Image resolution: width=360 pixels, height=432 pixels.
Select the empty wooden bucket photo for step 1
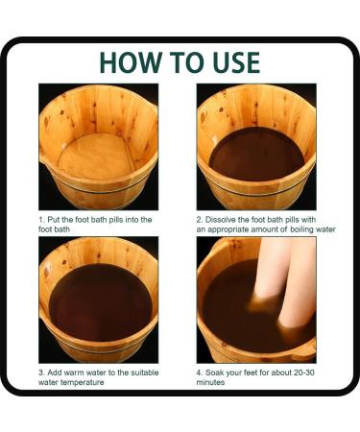(99, 147)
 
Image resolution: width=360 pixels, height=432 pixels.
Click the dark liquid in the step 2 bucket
(256, 155)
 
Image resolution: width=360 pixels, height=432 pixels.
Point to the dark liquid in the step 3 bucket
(100, 301)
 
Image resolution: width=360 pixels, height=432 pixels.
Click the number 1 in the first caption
(40, 220)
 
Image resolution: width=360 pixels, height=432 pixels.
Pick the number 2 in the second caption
(199, 220)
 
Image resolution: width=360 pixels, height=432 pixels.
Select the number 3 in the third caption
(41, 372)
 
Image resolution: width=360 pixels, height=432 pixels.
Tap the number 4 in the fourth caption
(199, 372)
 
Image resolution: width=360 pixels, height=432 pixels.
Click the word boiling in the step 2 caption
(301, 229)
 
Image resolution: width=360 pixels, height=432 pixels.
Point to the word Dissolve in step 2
(221, 220)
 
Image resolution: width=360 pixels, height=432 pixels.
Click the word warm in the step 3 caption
(74, 372)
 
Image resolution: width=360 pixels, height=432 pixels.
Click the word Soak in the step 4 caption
(213, 372)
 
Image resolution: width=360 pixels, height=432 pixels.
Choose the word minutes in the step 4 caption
(210, 382)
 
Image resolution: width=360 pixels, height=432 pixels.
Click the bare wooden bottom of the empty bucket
(95, 156)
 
